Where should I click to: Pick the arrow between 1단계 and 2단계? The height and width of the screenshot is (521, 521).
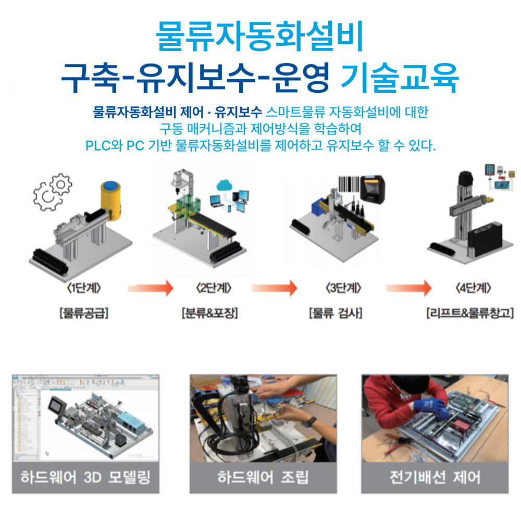coord(150,288)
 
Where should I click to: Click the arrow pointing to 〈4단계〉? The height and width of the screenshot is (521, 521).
coord(408,288)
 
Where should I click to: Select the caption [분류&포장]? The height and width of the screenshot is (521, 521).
coord(209,314)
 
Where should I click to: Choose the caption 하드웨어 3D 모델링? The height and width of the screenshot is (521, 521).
coord(85,477)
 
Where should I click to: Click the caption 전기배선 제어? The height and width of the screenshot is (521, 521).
coord(435,477)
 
